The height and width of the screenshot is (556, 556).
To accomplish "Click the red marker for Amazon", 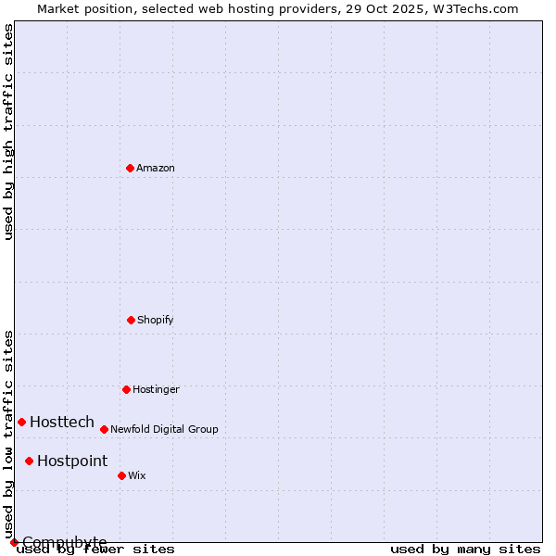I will [130, 168].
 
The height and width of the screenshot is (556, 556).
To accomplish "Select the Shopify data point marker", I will [131, 320].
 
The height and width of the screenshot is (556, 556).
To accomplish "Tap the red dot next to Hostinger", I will [126, 389].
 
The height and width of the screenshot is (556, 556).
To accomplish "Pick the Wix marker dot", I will [121, 475].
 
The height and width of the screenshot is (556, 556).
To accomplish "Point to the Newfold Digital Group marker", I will [104, 429].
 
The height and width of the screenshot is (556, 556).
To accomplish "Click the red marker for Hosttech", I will [21, 422].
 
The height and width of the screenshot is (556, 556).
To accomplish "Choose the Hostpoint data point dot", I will [29, 461].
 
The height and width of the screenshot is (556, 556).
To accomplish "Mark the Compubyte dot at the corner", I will [14, 542].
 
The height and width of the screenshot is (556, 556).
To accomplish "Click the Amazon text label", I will [156, 169].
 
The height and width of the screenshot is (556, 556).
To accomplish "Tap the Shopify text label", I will [156, 321].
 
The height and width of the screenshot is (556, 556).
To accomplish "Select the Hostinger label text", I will [156, 390].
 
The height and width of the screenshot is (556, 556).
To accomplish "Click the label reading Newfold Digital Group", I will [164, 430].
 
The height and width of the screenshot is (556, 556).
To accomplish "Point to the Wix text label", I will [137, 476].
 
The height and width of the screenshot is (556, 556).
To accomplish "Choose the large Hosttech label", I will [62, 423].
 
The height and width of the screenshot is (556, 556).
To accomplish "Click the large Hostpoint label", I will [72, 461].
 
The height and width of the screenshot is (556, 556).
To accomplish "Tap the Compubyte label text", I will [65, 542].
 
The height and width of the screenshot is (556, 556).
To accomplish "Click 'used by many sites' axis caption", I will [465, 550].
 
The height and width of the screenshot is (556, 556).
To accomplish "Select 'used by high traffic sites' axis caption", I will [8, 132].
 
